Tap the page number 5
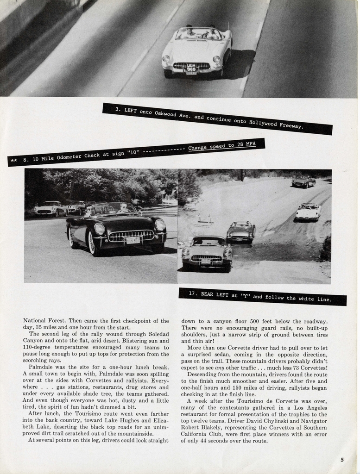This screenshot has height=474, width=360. [x=342, y=460]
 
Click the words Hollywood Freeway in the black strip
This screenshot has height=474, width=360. [x=276, y=124]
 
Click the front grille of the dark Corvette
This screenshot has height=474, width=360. [x=131, y=236]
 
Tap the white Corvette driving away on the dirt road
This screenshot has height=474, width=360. [x=308, y=212]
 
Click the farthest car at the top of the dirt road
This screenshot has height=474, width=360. [x=303, y=182]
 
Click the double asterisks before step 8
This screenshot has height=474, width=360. [x=14, y=160]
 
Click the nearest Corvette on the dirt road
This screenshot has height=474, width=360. [x=207, y=253]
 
